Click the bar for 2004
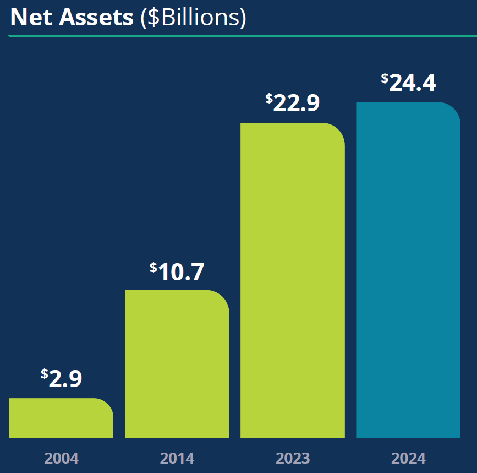61,418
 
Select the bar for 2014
177,364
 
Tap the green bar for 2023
292,280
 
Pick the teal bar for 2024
408,270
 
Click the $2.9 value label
62,379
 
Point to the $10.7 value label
177,271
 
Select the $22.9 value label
293,103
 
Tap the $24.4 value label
408,83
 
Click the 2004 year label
61,458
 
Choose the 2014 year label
177,458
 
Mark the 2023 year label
292,458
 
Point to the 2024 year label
408,458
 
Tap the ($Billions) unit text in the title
193,18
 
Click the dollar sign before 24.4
385,78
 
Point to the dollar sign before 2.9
44,374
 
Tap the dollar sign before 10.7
153,267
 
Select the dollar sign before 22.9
268,98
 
